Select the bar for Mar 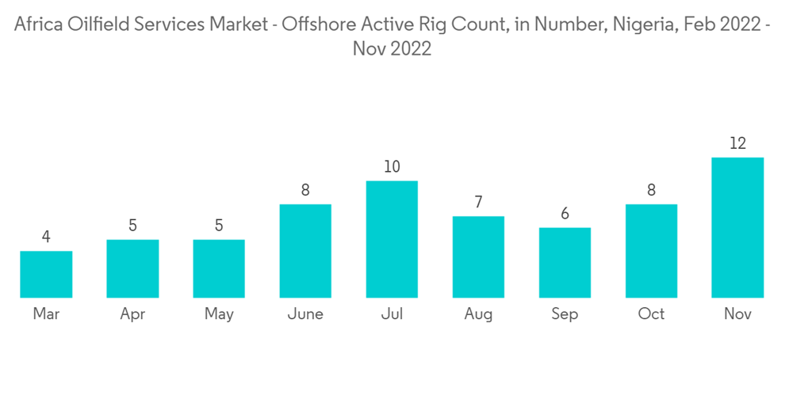(x=46, y=274)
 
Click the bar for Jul (x=392, y=239)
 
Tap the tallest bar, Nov (x=737, y=227)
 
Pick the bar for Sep (x=565, y=262)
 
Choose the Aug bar (x=478, y=256)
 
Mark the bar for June (x=305, y=251)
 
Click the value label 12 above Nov (x=737, y=143)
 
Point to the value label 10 (x=392, y=167)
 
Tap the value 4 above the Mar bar (x=46, y=237)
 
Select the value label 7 (x=478, y=202)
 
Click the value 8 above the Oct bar (x=651, y=190)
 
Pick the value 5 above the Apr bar (x=132, y=226)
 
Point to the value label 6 (x=565, y=214)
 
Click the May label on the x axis (x=219, y=314)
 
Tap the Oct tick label (x=651, y=314)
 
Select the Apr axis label (x=132, y=315)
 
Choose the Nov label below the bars (x=737, y=314)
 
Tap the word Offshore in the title (x=316, y=25)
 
